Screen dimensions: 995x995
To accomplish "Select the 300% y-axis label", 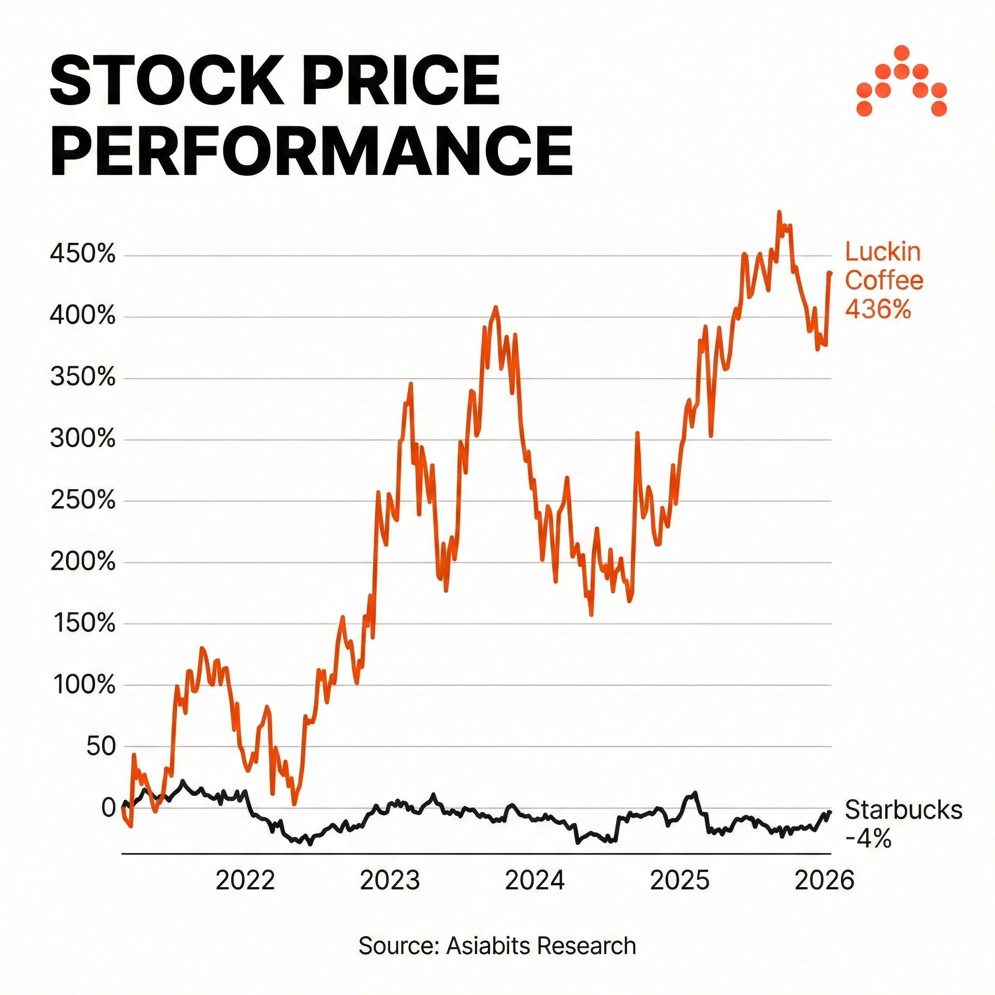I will coord(83,439).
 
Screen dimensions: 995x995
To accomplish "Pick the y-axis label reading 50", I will coord(101,746).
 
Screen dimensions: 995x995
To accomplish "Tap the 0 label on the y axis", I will coord(109,807).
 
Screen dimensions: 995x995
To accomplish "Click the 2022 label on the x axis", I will coord(245,881).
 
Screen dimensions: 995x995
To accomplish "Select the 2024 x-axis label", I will coord(534,881).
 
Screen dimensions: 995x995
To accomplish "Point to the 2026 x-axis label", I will coord(824,881).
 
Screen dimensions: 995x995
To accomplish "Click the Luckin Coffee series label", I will coord(884,267).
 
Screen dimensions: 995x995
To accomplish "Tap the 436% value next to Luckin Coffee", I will coord(878,309).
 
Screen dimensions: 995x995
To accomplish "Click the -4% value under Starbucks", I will coord(868,839).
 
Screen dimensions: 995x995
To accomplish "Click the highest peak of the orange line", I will coord(779,212).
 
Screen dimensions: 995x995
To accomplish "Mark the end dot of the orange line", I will coord(830,274).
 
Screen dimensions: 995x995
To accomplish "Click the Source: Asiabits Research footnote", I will coord(497,946).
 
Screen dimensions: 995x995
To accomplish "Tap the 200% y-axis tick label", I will coord(83,563).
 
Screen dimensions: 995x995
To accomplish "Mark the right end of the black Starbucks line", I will coord(830,812).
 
